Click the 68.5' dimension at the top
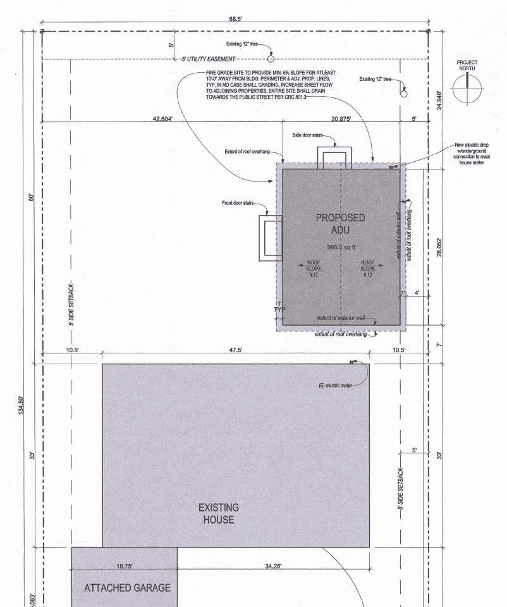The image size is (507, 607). [235, 18]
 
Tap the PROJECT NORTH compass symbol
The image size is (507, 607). [467, 89]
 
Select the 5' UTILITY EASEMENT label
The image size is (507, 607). [208, 59]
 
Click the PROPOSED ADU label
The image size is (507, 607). [340, 224]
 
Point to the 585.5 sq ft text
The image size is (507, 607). [341, 247]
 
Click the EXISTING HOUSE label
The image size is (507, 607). [219, 513]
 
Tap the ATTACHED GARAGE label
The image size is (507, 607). [127, 588]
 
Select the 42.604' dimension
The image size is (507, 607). [162, 118]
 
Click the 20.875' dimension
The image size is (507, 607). [341, 118]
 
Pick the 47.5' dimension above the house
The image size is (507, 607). [235, 350]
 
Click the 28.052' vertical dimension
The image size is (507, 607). [439, 247]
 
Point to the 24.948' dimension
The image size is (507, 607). [439, 101]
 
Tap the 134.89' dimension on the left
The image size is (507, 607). [21, 405]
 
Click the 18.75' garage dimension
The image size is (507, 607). [125, 566]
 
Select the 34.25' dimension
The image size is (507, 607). [273, 566]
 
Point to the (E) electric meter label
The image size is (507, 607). [335, 386]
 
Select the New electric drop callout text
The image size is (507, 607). [472, 154]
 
